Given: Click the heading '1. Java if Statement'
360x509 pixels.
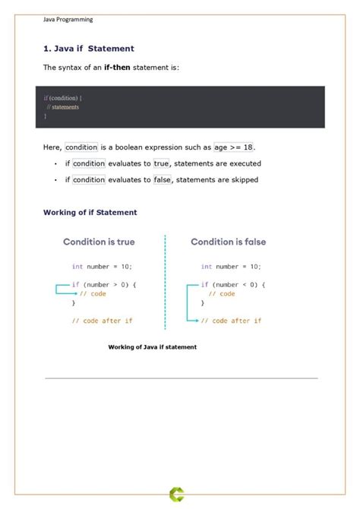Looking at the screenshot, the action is point(88,49).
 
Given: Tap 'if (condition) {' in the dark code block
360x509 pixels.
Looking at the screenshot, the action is point(63,98).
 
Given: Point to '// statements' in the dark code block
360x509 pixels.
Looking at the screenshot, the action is point(62,107).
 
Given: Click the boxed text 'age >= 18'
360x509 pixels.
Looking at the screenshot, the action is point(234,147).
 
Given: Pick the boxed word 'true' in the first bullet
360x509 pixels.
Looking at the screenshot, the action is point(161,163).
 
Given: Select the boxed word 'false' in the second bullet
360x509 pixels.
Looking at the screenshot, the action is point(163,180).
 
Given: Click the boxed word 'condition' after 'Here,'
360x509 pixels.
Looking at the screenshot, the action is point(81,147).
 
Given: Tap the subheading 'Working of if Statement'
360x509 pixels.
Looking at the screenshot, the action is point(90,213).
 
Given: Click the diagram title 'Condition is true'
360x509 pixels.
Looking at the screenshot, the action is point(99,242).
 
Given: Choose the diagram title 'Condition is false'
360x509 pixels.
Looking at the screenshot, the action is point(228,242).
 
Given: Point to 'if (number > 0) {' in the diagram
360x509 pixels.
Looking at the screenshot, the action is point(104,284).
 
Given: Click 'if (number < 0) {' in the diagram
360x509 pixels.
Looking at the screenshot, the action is point(233,284).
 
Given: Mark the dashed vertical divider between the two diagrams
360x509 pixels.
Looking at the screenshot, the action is point(165,281).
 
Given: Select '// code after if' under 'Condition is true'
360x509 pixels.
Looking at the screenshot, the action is point(102,321).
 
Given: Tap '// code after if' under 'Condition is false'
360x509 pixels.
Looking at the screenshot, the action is point(231,321).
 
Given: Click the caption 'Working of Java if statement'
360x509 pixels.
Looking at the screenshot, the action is point(152,347).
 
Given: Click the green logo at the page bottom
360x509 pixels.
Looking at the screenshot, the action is point(176,495).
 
